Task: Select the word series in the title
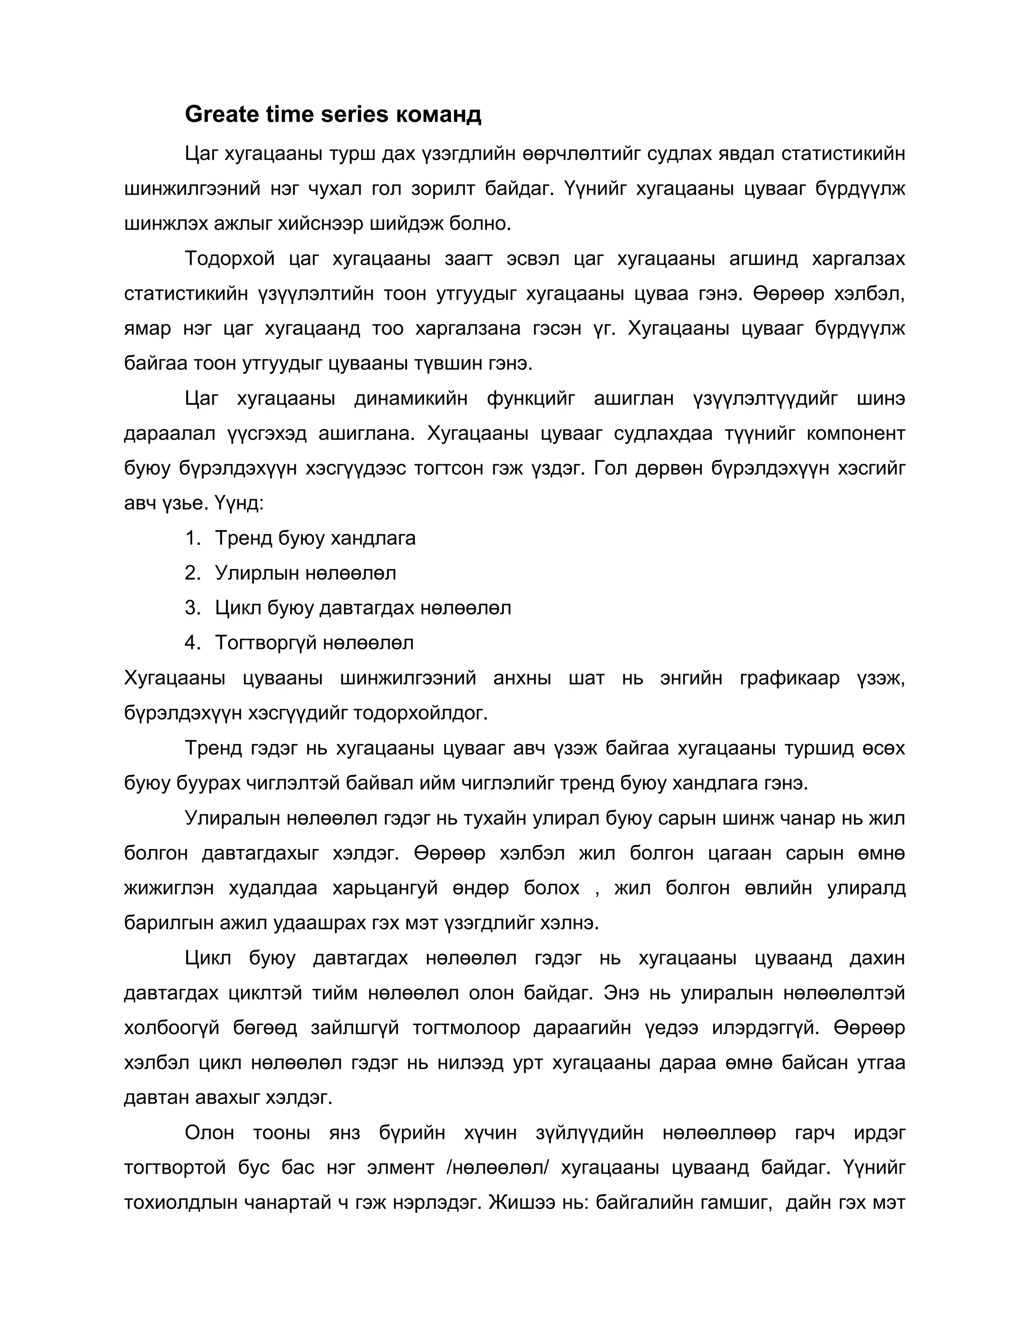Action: click(x=355, y=114)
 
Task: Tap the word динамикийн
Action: click(x=411, y=398)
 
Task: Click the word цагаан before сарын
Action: click(x=739, y=853)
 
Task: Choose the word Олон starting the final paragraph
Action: click(x=209, y=1133)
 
